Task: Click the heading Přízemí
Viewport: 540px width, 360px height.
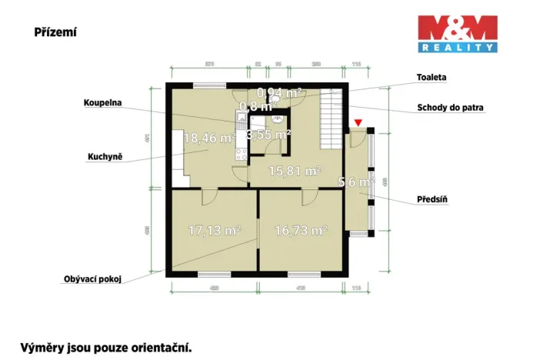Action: click(55, 32)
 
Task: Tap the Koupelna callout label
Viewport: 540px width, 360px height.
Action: click(104, 102)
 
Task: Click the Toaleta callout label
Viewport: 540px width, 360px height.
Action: click(432, 78)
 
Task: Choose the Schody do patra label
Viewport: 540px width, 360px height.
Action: click(451, 108)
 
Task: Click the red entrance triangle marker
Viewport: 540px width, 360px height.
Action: click(358, 123)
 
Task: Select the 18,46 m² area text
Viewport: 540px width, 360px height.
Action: click(209, 138)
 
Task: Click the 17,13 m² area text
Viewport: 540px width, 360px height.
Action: click(215, 229)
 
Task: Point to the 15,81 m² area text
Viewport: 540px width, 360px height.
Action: click(294, 171)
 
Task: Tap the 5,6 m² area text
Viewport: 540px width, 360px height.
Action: click(356, 182)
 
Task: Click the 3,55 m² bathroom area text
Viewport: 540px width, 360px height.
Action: click(268, 134)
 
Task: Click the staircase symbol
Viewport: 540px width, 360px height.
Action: click(332, 119)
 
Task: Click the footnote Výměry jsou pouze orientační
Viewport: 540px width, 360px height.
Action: click(105, 347)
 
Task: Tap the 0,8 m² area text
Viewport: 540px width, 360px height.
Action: click(254, 106)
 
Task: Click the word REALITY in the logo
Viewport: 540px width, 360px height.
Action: click(457, 48)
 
